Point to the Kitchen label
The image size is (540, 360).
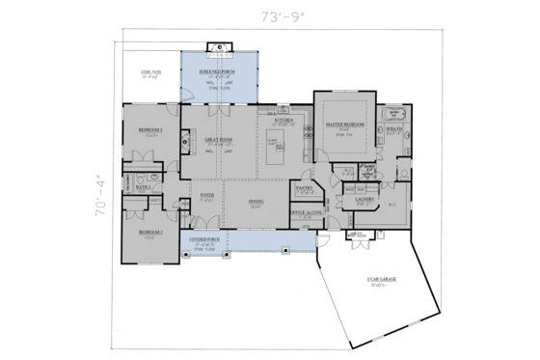283,120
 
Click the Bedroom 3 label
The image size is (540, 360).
149,129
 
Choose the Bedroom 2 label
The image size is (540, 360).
149,233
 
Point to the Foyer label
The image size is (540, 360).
206,196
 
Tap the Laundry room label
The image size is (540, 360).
365,200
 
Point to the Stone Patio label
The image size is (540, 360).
150,74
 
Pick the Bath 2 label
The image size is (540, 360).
144,187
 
